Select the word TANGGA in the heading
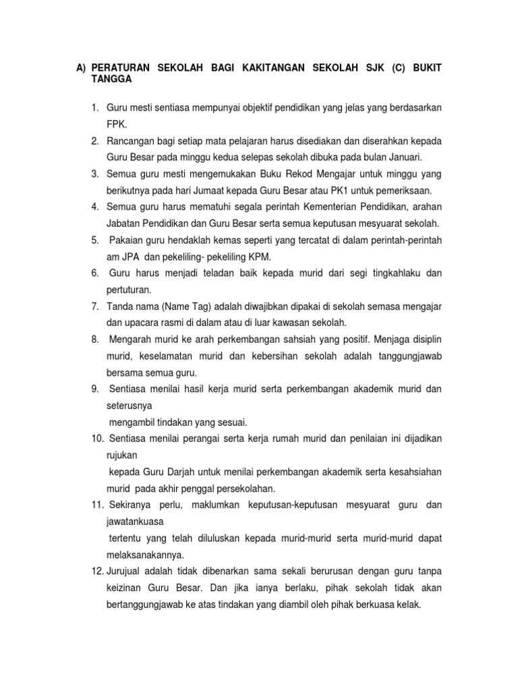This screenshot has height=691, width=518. (x=111, y=79)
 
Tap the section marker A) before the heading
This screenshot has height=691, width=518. (x=81, y=68)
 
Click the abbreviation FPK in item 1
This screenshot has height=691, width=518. (x=116, y=125)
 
